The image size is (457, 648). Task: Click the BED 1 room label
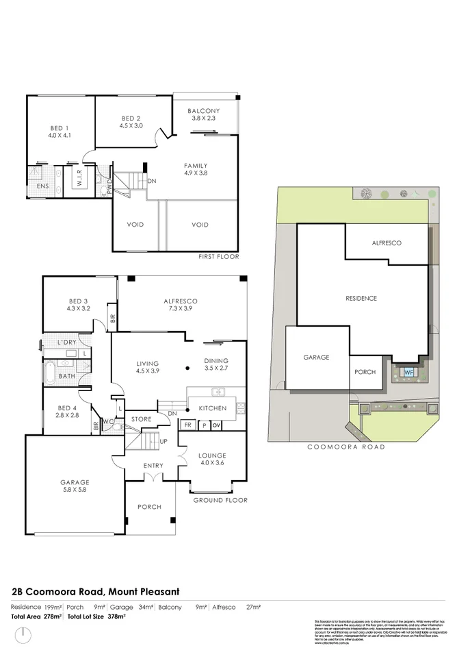tap(60, 128)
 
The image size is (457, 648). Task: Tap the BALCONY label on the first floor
tap(204, 111)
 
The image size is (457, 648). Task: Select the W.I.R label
tap(80, 182)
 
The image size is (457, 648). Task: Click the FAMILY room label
tap(196, 166)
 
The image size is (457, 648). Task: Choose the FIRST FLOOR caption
tap(219, 256)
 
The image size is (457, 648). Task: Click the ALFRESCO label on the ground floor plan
tap(181, 301)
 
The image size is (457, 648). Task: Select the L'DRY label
tap(66, 342)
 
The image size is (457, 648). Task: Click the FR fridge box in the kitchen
tap(187, 425)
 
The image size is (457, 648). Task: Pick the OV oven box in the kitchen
tap(216, 425)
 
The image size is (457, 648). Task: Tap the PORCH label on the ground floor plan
tap(150, 507)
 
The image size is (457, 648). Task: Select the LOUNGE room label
tap(212, 456)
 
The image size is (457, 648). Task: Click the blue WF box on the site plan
tap(408, 372)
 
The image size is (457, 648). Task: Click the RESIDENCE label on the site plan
tap(361, 298)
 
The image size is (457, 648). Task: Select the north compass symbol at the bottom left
tap(24, 633)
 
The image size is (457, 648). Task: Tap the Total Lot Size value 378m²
tap(118, 617)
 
